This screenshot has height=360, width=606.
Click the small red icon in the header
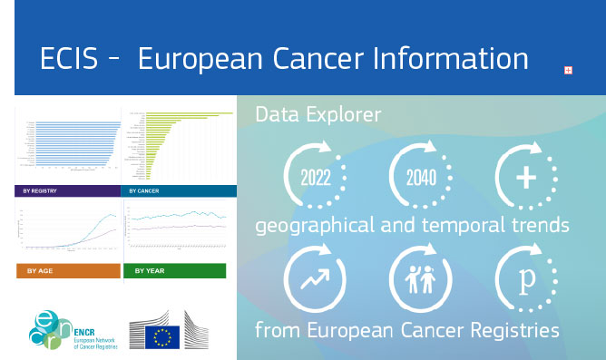tap(568, 70)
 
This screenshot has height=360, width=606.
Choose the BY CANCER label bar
tap(180, 191)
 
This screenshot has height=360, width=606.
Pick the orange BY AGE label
tap(68, 270)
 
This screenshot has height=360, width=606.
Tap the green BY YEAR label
tap(180, 270)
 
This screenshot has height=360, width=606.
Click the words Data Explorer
tap(318, 115)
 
